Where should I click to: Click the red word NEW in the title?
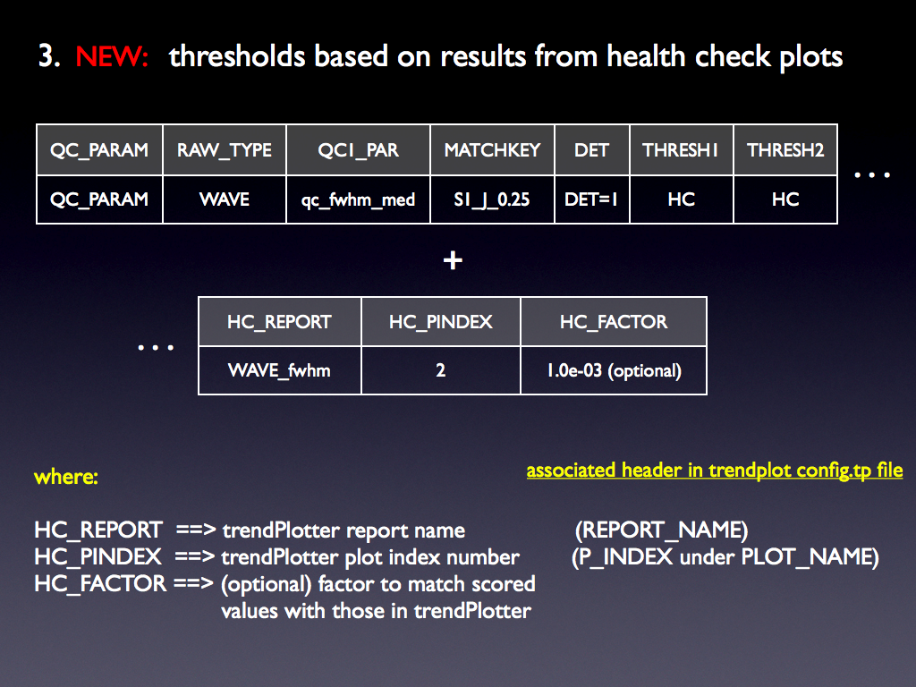[112, 56]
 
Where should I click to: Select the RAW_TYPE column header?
[225, 150]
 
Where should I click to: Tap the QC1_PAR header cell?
[358, 150]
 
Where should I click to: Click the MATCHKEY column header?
[492, 150]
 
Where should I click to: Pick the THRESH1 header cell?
[681, 150]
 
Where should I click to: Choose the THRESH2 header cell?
[785, 150]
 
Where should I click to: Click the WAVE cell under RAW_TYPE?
[225, 199]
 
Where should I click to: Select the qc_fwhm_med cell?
[358, 199]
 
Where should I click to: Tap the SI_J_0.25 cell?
[492, 199]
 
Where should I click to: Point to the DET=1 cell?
[592, 199]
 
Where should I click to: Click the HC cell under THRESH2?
[785, 199]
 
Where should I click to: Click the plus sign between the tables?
[453, 260]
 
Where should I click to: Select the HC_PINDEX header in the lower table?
[440, 322]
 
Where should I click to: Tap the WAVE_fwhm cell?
[279, 370]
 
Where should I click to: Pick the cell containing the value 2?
[440, 370]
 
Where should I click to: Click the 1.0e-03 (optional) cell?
[614, 370]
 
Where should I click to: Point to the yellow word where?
[66, 477]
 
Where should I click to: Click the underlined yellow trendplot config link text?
[715, 471]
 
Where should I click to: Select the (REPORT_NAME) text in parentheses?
[661, 530]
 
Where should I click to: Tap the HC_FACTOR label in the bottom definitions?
[100, 583]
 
